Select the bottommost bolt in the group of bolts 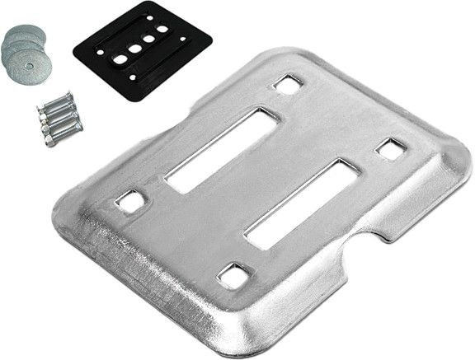(x=63, y=131)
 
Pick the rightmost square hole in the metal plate (x=390, y=149)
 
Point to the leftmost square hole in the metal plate (x=129, y=201)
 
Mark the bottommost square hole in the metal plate (x=234, y=275)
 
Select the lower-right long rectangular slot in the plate (x=301, y=203)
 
